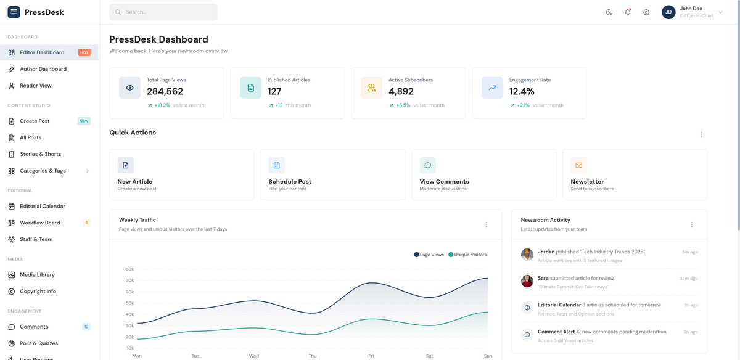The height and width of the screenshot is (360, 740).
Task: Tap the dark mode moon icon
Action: click(x=609, y=12)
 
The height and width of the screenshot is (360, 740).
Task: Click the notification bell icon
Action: click(x=628, y=12)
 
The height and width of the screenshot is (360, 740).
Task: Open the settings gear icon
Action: click(x=646, y=12)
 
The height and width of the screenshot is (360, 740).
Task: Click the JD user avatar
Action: click(x=668, y=12)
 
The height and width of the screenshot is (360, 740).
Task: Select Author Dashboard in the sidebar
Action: click(x=43, y=69)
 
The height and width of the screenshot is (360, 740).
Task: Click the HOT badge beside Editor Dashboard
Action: click(x=84, y=52)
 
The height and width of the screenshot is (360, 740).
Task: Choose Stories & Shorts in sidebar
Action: click(x=40, y=154)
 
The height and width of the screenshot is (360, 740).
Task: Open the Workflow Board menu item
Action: click(x=40, y=223)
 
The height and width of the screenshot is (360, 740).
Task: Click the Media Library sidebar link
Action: click(x=37, y=275)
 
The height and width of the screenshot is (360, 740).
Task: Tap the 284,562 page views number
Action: click(x=165, y=91)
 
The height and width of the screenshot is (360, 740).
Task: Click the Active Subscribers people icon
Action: click(x=371, y=88)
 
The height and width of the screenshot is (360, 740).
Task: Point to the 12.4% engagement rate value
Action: click(x=522, y=91)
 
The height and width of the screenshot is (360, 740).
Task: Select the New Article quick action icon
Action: click(x=126, y=165)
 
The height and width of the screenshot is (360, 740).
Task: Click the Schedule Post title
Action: click(x=290, y=182)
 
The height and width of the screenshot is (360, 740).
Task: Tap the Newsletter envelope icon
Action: click(x=578, y=165)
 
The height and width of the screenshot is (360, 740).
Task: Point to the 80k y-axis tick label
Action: click(x=129, y=269)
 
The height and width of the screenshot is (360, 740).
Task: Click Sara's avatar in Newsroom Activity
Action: click(x=527, y=281)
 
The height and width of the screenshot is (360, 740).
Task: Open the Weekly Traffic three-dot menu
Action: click(x=486, y=225)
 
